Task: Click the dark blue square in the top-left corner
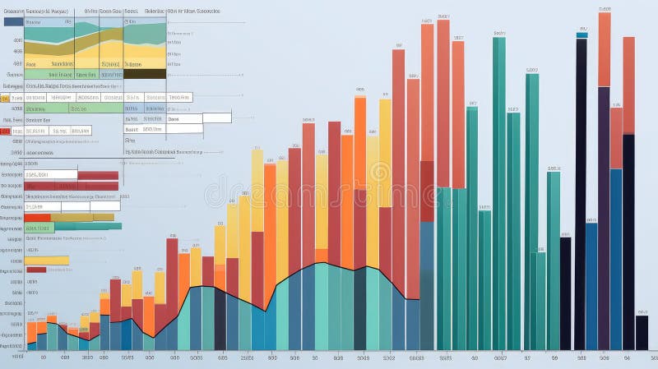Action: [13, 21]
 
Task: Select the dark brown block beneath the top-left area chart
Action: [145, 73]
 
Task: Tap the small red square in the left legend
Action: [6, 131]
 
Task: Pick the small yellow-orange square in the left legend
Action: [5, 99]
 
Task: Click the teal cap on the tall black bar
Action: [582, 34]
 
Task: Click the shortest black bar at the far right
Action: [642, 332]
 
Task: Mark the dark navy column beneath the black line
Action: [220, 321]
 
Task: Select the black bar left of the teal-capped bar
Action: [566, 293]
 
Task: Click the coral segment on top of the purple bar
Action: [605, 49]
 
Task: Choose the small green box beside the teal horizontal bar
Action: [39, 228]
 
